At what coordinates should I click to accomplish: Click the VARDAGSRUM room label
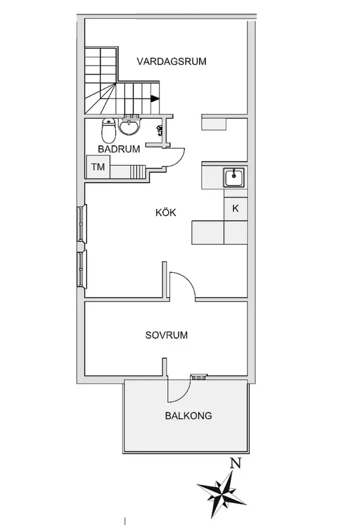click(x=171, y=61)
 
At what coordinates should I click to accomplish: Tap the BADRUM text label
click(x=119, y=149)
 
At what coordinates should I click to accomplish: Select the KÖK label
click(x=166, y=212)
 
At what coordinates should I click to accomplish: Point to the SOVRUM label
click(x=167, y=335)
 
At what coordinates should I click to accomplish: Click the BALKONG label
click(x=189, y=416)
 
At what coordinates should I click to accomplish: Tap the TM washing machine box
click(x=98, y=167)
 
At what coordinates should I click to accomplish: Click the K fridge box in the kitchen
click(x=236, y=208)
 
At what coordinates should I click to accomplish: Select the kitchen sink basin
click(x=235, y=177)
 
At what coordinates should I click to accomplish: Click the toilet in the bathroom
click(x=108, y=130)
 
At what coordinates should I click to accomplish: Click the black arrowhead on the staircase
click(x=154, y=99)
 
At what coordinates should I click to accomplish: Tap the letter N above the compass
click(x=236, y=464)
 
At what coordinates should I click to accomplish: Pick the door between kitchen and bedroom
click(x=183, y=284)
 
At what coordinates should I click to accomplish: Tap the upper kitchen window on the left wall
click(x=81, y=223)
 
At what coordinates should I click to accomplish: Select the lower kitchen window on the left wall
click(x=81, y=269)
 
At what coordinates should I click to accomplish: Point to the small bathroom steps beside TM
click(x=138, y=172)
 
